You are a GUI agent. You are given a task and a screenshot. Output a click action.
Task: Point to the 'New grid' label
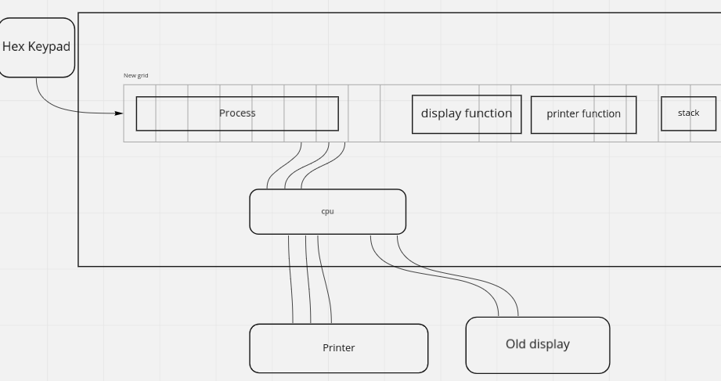click(x=135, y=76)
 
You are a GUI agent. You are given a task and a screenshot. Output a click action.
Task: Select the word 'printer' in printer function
click(x=562, y=114)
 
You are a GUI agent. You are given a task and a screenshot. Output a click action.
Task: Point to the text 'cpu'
click(x=327, y=211)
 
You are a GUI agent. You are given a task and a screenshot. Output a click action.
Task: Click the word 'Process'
click(x=237, y=113)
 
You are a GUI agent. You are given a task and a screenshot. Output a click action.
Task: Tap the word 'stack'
click(x=688, y=113)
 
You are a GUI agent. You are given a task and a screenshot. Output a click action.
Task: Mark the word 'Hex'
click(x=13, y=47)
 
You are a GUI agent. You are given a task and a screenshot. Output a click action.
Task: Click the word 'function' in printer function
click(x=601, y=114)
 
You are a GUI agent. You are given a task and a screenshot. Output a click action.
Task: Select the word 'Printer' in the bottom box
click(x=338, y=348)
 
